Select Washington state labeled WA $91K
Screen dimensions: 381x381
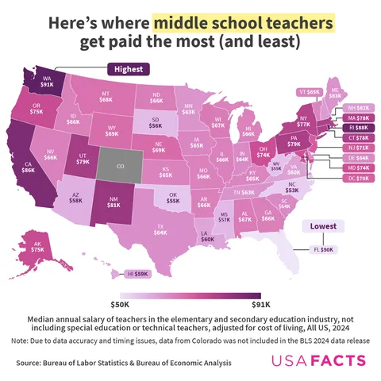(48, 83)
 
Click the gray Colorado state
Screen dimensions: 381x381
(121, 167)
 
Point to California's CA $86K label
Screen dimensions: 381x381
(28, 169)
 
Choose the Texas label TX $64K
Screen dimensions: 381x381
(160, 231)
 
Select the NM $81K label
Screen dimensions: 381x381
(112, 204)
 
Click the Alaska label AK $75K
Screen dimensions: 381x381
(37, 248)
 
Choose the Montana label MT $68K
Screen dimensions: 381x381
(106, 97)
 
